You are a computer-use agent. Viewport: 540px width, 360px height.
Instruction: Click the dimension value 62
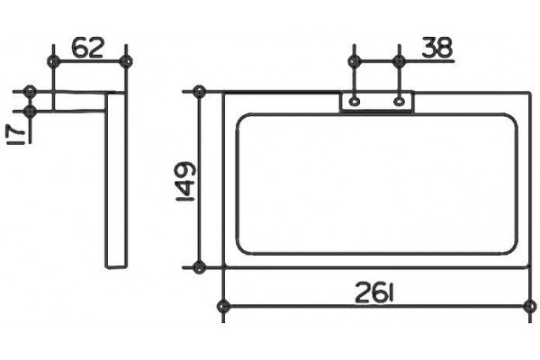coord(88,48)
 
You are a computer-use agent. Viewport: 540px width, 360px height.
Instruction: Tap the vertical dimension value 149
coord(186,182)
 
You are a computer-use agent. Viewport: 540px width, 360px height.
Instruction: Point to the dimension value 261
coord(374,292)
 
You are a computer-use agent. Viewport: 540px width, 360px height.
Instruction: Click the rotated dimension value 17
coord(15,134)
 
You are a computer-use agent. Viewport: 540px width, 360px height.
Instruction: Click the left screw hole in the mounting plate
coord(354,102)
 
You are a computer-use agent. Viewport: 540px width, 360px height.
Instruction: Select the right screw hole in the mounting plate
coord(399,102)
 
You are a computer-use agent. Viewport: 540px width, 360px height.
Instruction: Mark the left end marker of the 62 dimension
coord(53,62)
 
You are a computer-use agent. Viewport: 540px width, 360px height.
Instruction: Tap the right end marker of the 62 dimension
coord(126,62)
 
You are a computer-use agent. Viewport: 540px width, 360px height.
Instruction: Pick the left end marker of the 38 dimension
coord(354,62)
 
